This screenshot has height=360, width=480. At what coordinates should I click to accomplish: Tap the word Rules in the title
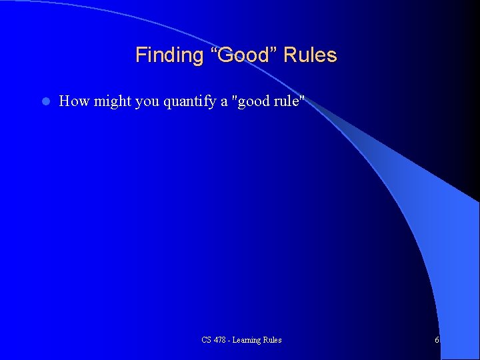pos(310,55)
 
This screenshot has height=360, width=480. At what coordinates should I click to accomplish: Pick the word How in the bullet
pos(74,101)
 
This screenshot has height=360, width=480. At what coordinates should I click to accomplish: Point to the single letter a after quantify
pos(225,103)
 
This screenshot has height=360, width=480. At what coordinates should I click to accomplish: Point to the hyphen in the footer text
pos(232,341)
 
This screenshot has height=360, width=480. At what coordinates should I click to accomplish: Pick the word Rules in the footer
pos(272,340)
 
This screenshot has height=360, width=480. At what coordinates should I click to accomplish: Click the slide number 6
pos(437,340)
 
